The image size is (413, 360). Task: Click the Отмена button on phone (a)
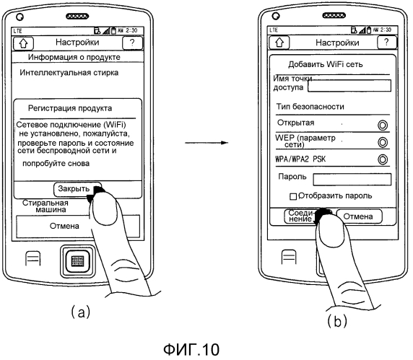click(64, 226)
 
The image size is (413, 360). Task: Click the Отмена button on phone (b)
click(358, 216)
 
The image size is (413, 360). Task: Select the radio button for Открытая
click(383, 126)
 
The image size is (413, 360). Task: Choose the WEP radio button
click(383, 142)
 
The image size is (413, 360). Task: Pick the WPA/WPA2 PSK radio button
click(383, 159)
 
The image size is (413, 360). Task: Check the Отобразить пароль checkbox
click(293, 196)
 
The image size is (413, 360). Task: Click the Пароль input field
click(352, 180)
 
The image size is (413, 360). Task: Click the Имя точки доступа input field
click(349, 86)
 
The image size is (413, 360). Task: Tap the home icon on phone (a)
click(23, 43)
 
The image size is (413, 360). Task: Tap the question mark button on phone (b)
click(387, 42)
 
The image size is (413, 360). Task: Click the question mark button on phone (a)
click(132, 43)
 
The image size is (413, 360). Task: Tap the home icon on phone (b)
click(279, 43)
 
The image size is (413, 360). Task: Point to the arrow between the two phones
click(206, 143)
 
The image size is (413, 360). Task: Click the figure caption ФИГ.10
click(191, 349)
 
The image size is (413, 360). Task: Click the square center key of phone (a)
click(77, 261)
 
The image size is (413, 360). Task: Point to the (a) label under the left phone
click(81, 312)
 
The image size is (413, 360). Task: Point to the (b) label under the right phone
click(337, 320)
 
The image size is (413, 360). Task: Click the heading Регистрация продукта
click(70, 108)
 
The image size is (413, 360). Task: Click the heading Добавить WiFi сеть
click(326, 64)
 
